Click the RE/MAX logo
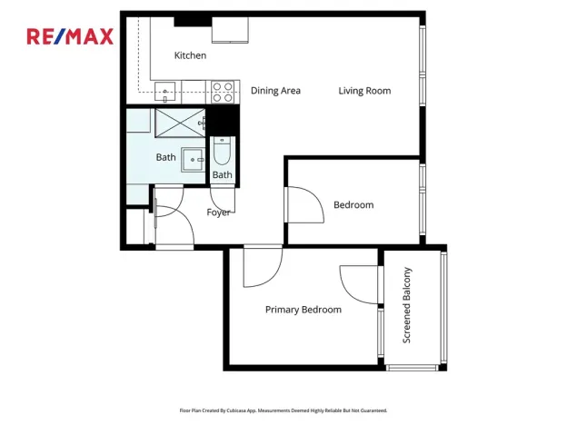click(x=70, y=36)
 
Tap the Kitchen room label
click(x=190, y=55)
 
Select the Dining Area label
click(x=275, y=91)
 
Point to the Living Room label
click(x=364, y=91)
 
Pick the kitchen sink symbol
click(x=166, y=91)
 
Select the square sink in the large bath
click(x=194, y=160)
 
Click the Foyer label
click(x=218, y=212)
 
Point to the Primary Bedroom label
click(x=303, y=310)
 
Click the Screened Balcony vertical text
click(x=408, y=305)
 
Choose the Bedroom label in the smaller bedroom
click(x=353, y=205)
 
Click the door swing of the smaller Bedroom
click(x=305, y=205)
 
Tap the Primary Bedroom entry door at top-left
click(x=262, y=265)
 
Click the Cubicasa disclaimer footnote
click(x=283, y=410)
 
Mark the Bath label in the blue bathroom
click(x=165, y=157)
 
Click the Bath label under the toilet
click(x=223, y=175)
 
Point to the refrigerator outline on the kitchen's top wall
click(x=230, y=29)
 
